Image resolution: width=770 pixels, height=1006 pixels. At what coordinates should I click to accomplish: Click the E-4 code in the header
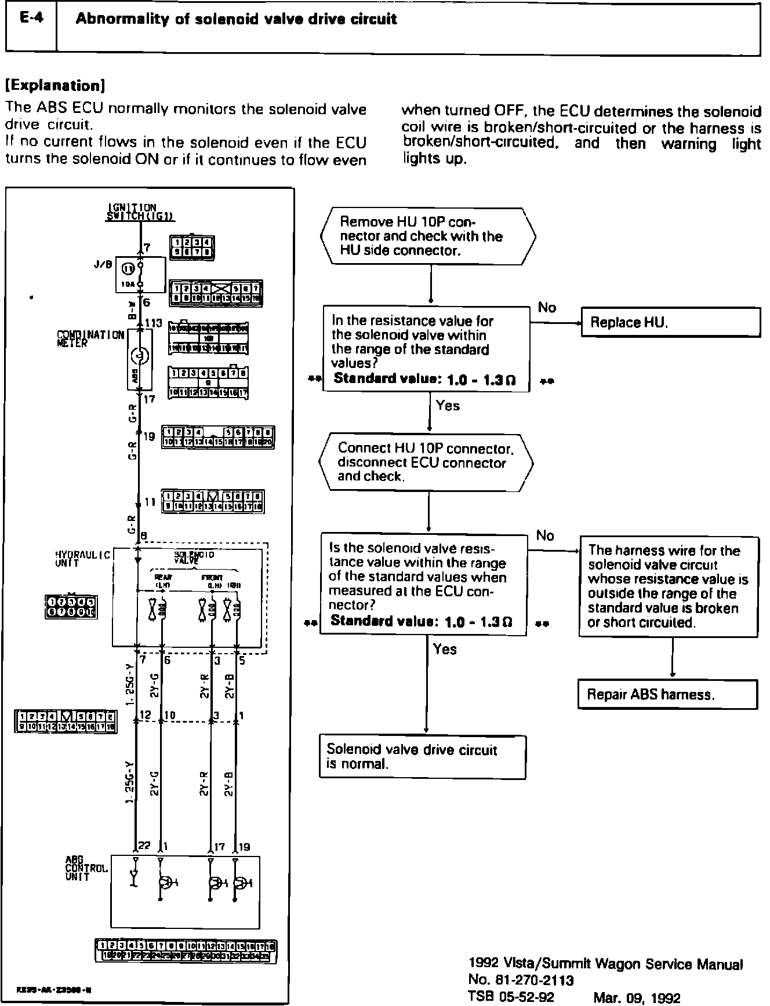pos(30,19)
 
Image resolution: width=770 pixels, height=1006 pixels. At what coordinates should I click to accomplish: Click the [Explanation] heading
pos(55,86)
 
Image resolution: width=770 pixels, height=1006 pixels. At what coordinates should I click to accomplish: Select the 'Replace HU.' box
pos(670,322)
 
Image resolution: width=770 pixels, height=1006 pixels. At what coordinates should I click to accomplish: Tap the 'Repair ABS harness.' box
pos(667,694)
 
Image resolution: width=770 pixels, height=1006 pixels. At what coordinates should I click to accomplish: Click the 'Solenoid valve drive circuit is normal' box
pos(423,757)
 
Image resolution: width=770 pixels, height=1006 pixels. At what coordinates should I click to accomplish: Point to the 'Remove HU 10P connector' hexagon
pos(428,236)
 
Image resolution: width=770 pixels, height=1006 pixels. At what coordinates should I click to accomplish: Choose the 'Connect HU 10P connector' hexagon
pos(426,462)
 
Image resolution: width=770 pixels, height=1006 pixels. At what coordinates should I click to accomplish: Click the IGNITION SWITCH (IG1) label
pos(140,212)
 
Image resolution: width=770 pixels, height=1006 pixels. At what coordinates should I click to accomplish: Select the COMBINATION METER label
pos(90,338)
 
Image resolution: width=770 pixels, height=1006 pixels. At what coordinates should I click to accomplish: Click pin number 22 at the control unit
pos(144,847)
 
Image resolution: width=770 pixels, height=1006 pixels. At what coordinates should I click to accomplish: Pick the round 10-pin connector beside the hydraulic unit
pos(71,607)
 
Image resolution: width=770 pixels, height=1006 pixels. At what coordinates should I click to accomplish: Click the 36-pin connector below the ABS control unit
pos(186,952)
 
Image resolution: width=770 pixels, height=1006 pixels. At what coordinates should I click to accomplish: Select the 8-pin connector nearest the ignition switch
pos(191,246)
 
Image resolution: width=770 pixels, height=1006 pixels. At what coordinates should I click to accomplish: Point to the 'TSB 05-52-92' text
pos(511,997)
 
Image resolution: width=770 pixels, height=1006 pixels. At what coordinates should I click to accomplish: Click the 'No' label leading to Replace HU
pos(547,307)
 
